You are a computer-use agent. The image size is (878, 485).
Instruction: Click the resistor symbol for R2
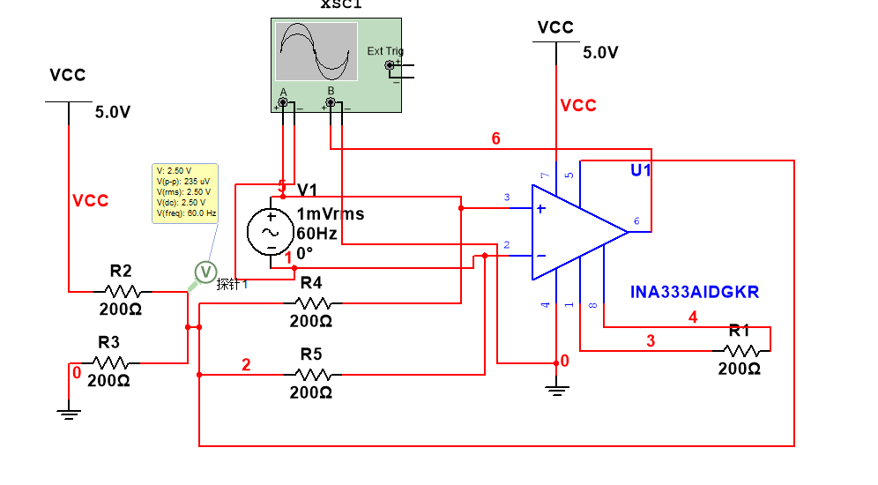(122, 291)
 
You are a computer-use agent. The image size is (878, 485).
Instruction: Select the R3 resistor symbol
(110, 362)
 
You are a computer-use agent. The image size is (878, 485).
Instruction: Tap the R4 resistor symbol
(311, 303)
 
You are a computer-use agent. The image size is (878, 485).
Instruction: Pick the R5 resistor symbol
(311, 375)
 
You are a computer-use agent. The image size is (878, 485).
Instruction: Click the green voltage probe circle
(205, 272)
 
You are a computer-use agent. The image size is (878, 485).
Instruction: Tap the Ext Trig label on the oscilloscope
(385, 51)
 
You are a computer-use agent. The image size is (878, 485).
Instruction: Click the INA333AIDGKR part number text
(696, 291)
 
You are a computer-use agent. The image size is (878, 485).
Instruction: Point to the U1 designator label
(641, 170)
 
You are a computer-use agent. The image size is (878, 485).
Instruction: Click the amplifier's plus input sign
(539, 209)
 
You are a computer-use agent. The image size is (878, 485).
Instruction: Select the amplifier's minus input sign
(539, 256)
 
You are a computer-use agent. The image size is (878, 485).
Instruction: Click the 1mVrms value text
(331, 214)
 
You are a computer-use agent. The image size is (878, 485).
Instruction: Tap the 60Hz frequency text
(317, 234)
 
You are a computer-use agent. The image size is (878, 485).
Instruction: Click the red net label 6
(496, 138)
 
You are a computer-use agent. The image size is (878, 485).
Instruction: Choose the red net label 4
(693, 317)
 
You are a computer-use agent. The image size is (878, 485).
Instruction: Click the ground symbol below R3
(70, 407)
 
